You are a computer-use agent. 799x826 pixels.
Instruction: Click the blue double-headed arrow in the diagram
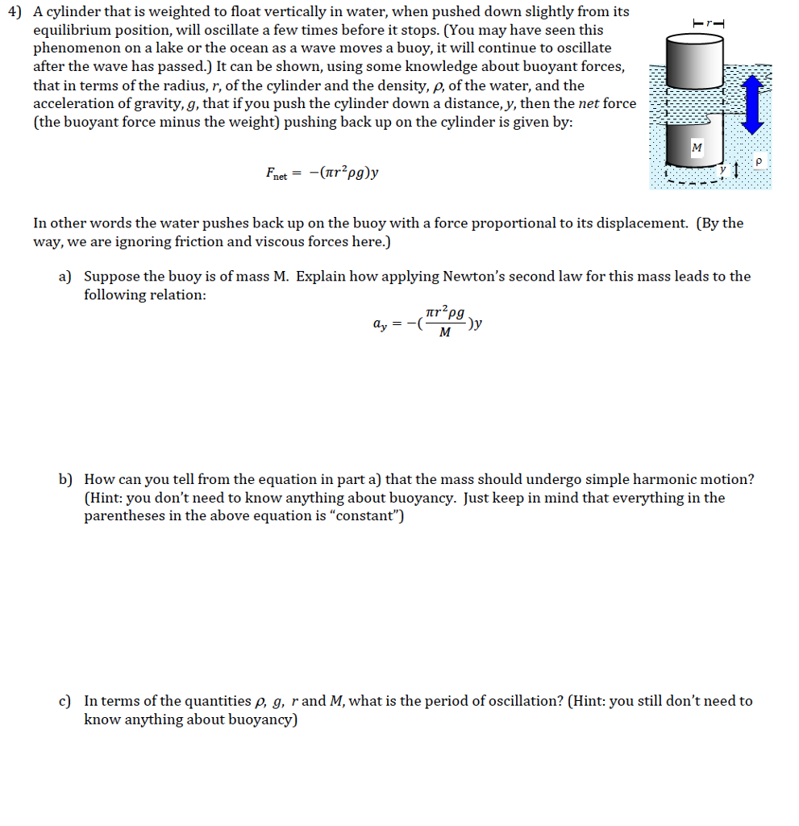click(753, 104)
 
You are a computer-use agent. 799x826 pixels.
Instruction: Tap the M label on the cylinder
click(697, 147)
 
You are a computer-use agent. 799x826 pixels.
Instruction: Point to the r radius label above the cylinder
click(709, 23)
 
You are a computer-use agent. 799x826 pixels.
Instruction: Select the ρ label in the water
click(757, 161)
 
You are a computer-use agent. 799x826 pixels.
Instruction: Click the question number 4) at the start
click(12, 12)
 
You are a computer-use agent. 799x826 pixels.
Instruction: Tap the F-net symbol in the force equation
click(276, 173)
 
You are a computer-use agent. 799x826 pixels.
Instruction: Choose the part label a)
click(65, 277)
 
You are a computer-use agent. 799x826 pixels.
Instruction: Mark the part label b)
click(65, 479)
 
